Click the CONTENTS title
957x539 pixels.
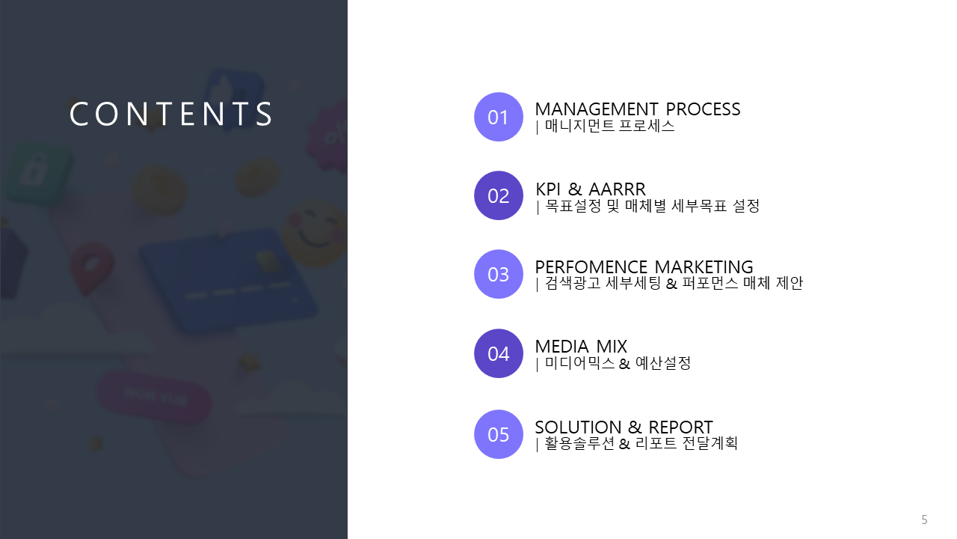click(170, 114)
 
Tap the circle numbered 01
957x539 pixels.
click(498, 117)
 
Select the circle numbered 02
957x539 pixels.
click(498, 195)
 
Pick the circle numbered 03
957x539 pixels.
click(498, 274)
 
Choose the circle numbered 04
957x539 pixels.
click(498, 353)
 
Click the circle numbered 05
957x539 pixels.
click(498, 434)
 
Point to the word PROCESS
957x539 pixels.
click(703, 109)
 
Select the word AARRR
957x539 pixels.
click(617, 189)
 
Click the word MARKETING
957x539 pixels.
click(704, 267)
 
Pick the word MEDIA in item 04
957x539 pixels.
click(561, 347)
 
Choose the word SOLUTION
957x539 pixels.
click(578, 427)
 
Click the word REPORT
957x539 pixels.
click(680, 427)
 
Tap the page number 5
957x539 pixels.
click(924, 520)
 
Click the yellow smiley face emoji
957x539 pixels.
click(316, 232)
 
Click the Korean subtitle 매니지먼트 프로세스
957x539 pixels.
click(609, 127)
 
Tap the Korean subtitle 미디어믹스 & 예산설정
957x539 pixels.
click(618, 363)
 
